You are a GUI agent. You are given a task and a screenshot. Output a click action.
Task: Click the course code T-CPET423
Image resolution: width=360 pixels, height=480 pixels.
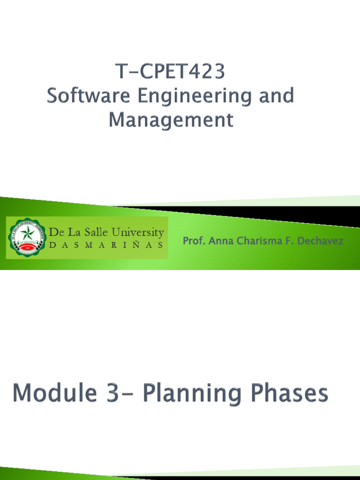171,72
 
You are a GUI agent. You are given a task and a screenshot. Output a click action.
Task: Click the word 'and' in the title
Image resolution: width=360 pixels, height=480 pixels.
278,96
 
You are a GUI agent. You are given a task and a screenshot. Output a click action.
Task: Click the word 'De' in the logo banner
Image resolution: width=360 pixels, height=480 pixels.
56,232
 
